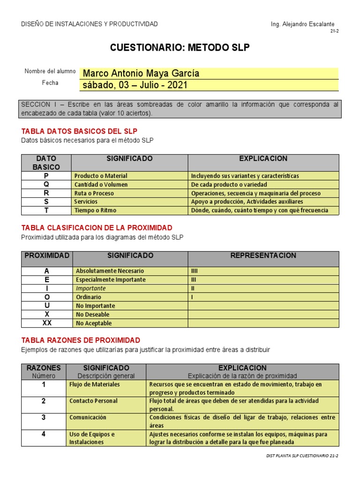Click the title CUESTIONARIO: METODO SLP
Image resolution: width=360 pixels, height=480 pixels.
click(x=180, y=48)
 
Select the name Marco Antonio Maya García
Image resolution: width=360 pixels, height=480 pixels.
click(x=141, y=74)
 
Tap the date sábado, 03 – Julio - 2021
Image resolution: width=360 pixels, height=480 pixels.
click(x=135, y=85)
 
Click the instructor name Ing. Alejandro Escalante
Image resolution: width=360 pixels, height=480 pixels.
click(x=303, y=24)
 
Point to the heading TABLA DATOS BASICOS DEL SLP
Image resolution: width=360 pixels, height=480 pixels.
click(x=79, y=131)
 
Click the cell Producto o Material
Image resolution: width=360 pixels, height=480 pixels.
click(x=101, y=176)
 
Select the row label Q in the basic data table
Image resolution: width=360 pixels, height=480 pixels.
click(x=46, y=184)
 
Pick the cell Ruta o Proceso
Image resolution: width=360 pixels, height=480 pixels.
click(x=94, y=193)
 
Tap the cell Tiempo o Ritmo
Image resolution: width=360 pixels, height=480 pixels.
click(x=95, y=210)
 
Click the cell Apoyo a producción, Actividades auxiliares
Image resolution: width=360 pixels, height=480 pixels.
click(x=247, y=202)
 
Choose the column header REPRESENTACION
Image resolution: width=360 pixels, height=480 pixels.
click(x=263, y=255)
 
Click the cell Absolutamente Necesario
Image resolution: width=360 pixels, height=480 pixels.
click(x=110, y=271)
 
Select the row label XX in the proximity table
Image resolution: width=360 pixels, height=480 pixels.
click(x=47, y=323)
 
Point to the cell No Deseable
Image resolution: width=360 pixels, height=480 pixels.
click(x=92, y=315)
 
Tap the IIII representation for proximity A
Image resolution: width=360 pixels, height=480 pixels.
click(x=195, y=271)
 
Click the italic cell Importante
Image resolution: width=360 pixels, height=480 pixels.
click(x=91, y=288)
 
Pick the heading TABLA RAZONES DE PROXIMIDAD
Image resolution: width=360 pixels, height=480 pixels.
click(x=81, y=340)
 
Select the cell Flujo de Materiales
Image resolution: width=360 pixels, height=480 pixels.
click(x=95, y=384)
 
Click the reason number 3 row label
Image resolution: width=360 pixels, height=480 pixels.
click(x=44, y=417)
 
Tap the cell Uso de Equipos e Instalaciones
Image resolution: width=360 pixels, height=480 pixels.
click(x=92, y=438)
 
